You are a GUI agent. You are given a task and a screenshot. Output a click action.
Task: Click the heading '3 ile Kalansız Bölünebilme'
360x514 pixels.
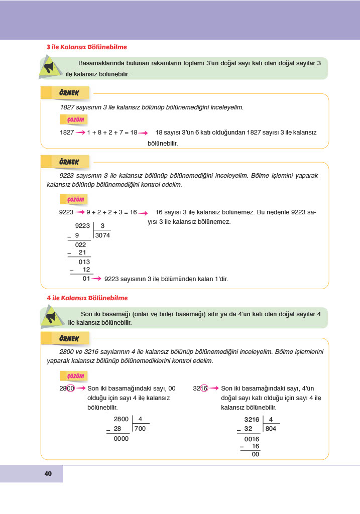click(86, 47)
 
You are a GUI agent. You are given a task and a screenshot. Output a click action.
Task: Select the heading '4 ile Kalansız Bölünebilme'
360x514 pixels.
click(86, 298)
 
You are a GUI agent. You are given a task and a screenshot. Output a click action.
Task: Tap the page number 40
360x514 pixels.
click(48, 474)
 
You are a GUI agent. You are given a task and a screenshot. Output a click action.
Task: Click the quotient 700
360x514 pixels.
click(140, 429)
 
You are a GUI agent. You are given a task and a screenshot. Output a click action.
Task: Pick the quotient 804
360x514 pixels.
click(271, 429)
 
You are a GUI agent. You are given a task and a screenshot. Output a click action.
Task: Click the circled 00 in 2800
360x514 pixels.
click(70, 389)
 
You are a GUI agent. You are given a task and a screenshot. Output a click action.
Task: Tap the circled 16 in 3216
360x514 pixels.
click(204, 389)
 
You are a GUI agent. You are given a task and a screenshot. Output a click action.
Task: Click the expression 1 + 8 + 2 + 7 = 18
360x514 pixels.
click(112, 133)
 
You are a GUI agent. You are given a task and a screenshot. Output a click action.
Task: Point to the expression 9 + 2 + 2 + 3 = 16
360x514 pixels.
click(111, 212)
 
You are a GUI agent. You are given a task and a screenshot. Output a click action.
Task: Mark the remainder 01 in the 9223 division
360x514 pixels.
click(86, 279)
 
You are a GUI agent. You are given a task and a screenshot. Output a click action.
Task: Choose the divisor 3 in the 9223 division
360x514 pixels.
click(102, 226)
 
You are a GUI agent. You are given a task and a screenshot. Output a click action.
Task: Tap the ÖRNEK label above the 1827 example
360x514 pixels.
click(69, 93)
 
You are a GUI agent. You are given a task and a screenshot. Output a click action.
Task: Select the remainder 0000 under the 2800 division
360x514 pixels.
click(121, 438)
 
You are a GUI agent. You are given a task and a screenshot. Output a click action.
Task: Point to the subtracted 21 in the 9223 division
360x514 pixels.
click(83, 253)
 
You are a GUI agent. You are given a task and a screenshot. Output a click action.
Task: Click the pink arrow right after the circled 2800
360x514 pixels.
click(81, 389)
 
